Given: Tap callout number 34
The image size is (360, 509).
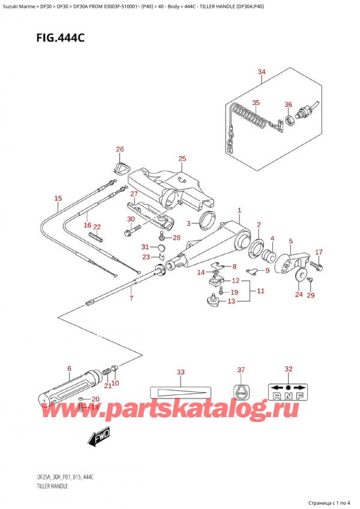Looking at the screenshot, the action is (261, 73).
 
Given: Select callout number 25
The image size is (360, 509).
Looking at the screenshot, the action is (182, 158).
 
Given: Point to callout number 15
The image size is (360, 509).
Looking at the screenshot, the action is (58, 198).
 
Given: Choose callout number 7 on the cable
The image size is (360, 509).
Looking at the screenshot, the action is (131, 298).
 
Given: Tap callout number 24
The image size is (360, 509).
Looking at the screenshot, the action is (298, 295).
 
